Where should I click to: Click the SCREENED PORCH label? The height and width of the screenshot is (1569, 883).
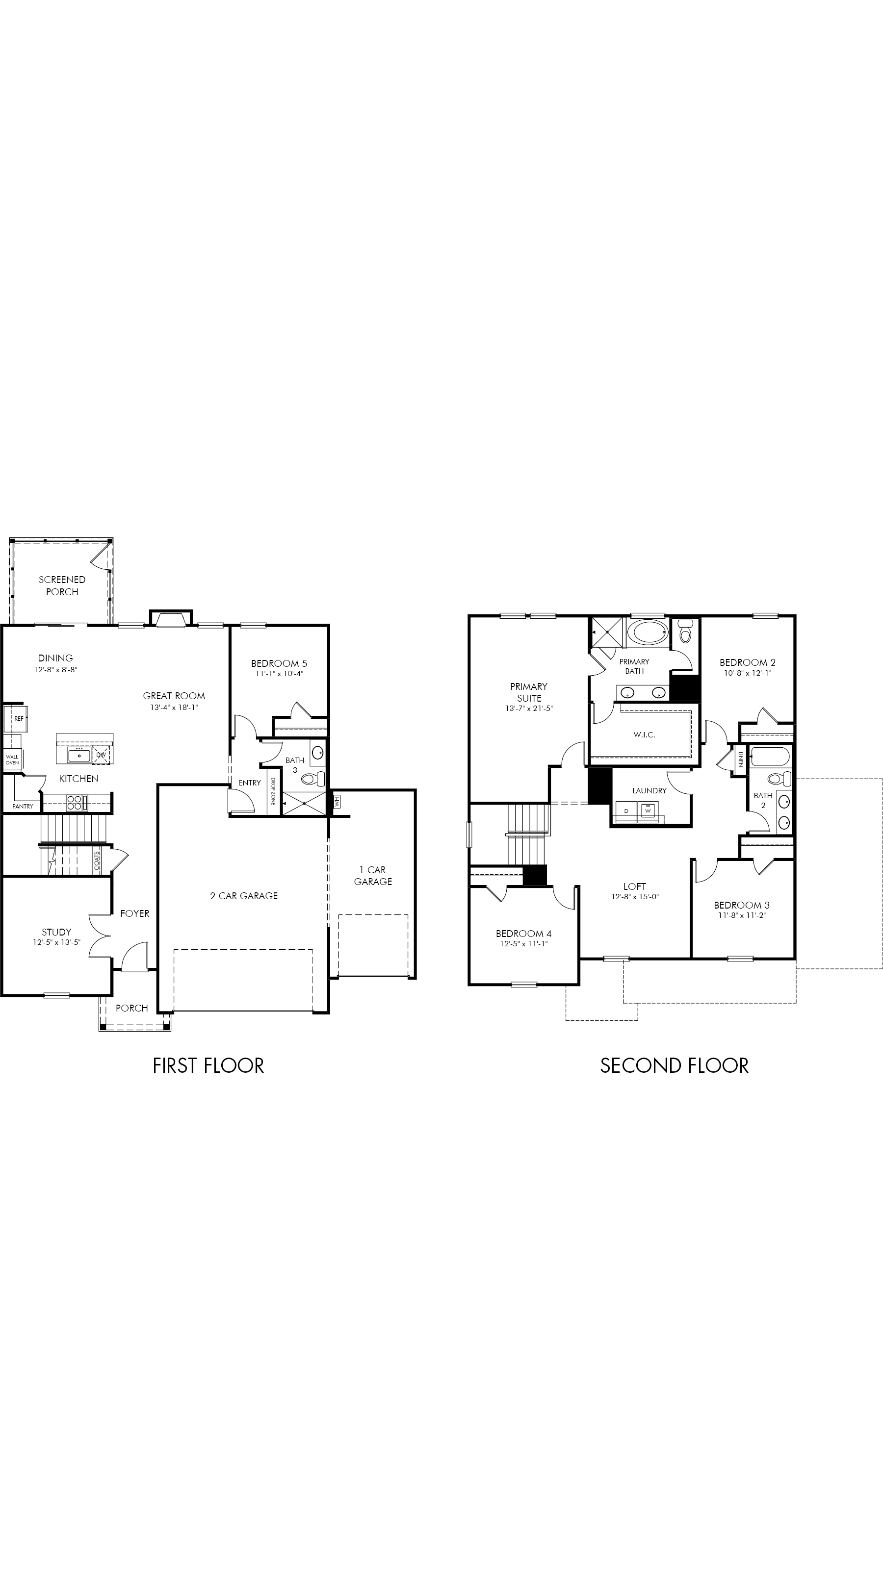pyautogui.click(x=62, y=585)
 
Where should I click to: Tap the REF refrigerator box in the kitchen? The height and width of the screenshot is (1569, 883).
pyautogui.click(x=15, y=719)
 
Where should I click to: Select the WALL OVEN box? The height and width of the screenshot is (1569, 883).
pyautogui.click(x=12, y=759)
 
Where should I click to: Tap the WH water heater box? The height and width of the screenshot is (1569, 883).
pyautogui.click(x=337, y=802)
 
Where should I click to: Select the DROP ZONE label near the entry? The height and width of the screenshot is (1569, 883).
pyautogui.click(x=273, y=792)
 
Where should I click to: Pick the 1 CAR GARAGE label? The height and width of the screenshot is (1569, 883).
pyautogui.click(x=373, y=876)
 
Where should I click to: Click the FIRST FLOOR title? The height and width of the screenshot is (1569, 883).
pyautogui.click(x=208, y=1066)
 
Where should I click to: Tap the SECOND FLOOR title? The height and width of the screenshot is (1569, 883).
pyautogui.click(x=674, y=1066)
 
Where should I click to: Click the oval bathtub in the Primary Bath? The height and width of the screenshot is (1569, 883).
pyautogui.click(x=649, y=632)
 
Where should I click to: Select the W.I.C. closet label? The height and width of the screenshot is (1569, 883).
pyautogui.click(x=644, y=735)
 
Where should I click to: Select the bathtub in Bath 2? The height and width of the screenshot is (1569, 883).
pyautogui.click(x=770, y=757)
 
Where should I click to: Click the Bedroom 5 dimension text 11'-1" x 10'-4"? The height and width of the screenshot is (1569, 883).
pyautogui.click(x=279, y=674)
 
